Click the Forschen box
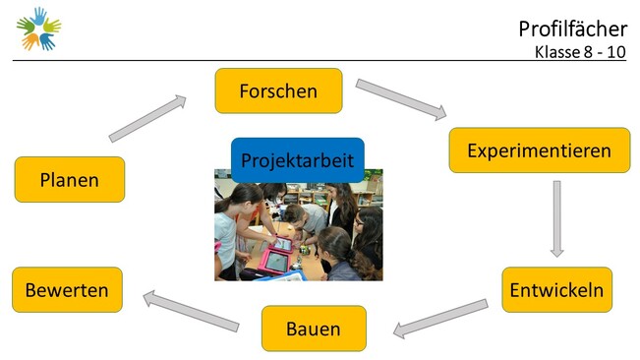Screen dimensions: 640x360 tap(278, 90)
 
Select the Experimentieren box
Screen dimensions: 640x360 tap(539, 150)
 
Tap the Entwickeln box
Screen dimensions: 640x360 tap(556, 290)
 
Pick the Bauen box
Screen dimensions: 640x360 tap(314, 329)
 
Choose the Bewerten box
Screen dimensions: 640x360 tap(68, 290)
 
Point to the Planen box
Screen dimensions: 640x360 tap(70, 180)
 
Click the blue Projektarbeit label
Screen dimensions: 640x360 tap(298, 160)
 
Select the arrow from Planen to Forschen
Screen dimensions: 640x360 tap(147, 118)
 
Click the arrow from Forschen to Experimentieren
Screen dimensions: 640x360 tap(401, 99)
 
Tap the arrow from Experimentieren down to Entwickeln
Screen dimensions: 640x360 tap(556, 218)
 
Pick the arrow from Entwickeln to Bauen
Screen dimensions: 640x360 tap(440, 319)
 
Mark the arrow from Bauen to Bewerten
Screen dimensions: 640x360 tap(191, 311)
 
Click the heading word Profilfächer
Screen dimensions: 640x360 tap(572, 29)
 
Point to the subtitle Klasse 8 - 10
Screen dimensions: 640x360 tap(580, 52)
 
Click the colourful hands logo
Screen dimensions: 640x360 tap(38, 29)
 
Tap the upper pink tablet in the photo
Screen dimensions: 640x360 tap(282, 245)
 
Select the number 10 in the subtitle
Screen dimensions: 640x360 tap(616, 52)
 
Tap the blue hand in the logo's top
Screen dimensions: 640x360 tap(39, 17)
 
